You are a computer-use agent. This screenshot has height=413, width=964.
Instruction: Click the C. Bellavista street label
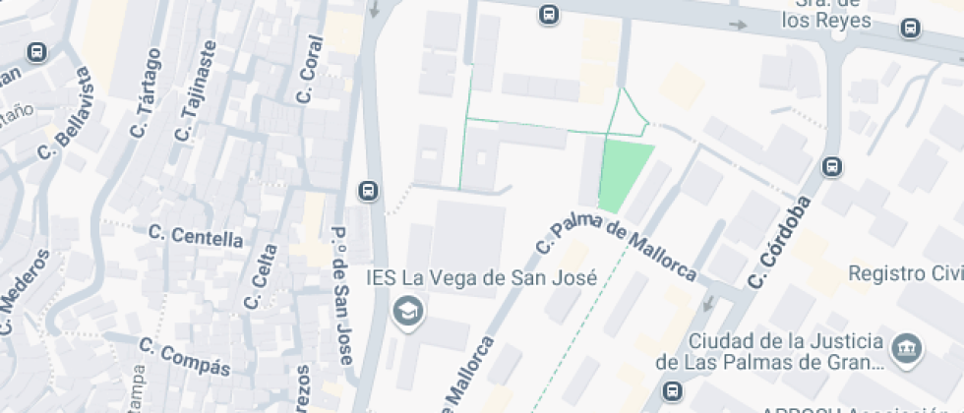click(x=65, y=115)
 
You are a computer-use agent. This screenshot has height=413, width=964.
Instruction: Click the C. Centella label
click(x=196, y=236)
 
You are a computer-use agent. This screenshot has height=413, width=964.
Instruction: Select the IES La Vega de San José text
click(x=481, y=278)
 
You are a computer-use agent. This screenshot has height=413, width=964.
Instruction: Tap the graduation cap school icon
click(x=404, y=313)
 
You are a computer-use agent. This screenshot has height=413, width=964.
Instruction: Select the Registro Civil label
click(x=905, y=272)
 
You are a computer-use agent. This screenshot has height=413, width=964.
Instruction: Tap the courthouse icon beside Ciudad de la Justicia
click(x=906, y=348)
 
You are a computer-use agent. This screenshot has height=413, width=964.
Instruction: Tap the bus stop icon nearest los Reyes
click(x=912, y=29)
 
